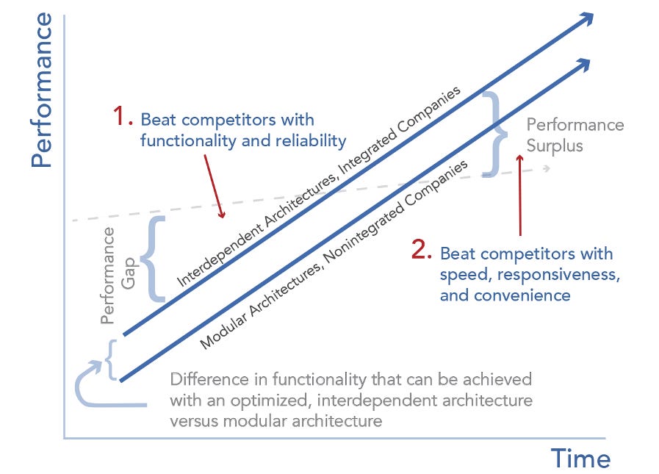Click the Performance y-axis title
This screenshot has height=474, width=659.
tap(42, 89)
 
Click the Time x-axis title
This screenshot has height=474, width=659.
tap(580, 459)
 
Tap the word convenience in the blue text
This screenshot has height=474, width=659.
tap(527, 295)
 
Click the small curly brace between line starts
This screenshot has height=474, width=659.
tap(111, 359)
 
